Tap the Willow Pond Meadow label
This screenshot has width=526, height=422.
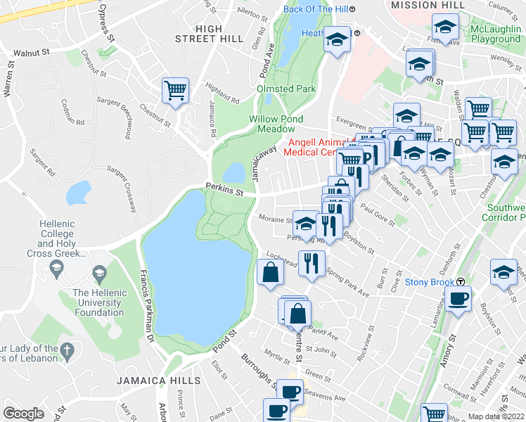276,124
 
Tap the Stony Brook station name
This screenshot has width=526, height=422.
426,282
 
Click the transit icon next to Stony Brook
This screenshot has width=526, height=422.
461,281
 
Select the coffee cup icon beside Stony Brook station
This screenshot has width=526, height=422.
458,299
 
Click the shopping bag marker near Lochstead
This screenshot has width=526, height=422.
270,271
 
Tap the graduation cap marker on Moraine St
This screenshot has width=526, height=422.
304,224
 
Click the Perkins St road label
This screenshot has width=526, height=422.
224,188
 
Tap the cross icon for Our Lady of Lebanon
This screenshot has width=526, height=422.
67,349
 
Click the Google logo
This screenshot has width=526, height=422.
24,414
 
